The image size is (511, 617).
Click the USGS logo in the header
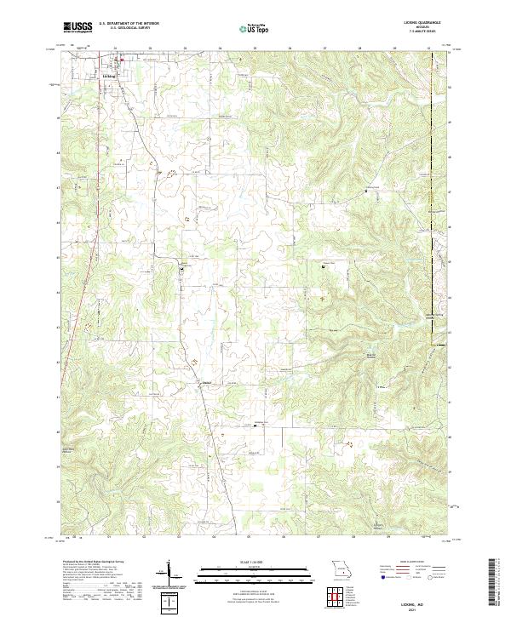[78, 28]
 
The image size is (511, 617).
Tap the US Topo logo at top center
[247, 28]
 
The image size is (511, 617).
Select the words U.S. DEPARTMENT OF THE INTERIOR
[127, 24]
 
